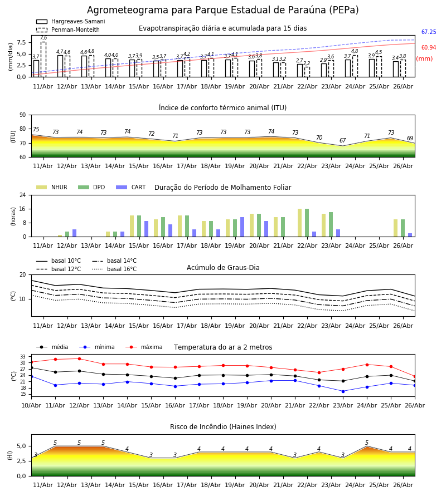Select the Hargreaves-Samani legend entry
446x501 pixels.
pos(71,21)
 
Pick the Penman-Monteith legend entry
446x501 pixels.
pos(68,30)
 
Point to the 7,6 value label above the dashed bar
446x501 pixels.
pos(43,38)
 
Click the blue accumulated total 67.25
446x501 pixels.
pos(429,32)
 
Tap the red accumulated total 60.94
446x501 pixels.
pos(429,48)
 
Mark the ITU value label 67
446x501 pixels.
pos(343,141)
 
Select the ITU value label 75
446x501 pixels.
pos(36,129)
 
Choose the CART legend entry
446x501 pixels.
pos(131,187)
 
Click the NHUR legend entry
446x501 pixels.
pos(52,187)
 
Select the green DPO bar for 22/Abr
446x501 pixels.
pos(307,223)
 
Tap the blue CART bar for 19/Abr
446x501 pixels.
pos(242,227)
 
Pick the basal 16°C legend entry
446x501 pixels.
pos(114,269)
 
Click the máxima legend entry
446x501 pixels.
pos(144,347)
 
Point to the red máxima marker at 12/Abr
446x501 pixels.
pos(79,359)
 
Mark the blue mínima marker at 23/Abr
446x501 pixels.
pos(343,391)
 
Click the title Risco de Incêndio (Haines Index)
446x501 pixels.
pos(223,427)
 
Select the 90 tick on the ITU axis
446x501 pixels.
pos(23,115)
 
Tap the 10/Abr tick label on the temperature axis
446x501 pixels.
pos(31,405)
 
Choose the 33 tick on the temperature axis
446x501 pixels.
pos(23,357)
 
